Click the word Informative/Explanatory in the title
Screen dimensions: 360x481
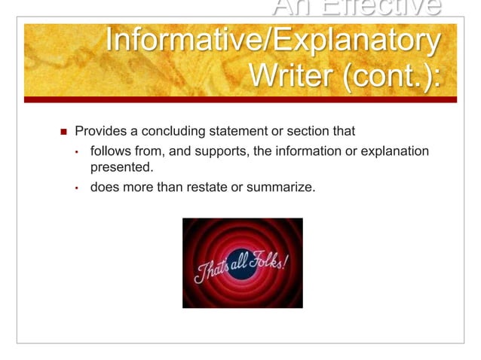click(271, 43)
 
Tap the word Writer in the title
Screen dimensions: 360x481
click(293, 77)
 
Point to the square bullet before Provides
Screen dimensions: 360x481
click(63, 133)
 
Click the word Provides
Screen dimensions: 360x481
click(101, 133)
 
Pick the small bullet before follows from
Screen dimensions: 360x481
click(76, 153)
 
